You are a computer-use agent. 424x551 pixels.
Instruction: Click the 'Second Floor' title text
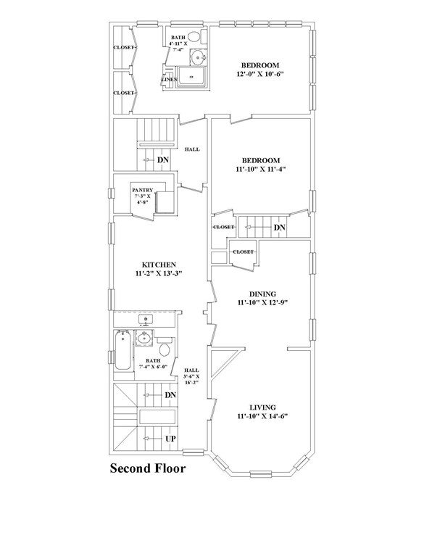[148, 468]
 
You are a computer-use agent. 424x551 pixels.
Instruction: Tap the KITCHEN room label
[159, 265]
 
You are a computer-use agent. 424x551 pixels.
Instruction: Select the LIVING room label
[263, 407]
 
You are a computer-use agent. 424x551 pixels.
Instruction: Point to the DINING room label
[263, 294]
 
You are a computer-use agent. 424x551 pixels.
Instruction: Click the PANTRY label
[142, 190]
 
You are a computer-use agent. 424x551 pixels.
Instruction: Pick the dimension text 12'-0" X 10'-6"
[260, 74]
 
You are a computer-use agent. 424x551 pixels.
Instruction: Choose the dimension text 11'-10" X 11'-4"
[260, 169]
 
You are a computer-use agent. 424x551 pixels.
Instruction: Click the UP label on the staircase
[171, 439]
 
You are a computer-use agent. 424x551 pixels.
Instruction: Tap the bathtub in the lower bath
[122, 350]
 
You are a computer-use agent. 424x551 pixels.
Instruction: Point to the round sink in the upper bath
[199, 57]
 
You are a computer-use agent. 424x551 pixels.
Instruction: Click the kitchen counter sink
[146, 320]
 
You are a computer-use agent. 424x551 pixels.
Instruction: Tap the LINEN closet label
[170, 80]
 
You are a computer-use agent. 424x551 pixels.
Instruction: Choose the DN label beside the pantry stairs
[163, 160]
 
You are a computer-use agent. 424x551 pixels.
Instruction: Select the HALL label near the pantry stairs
[192, 149]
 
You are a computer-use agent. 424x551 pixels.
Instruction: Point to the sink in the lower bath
[144, 339]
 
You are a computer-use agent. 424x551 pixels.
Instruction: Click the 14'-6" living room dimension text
[278, 416]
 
